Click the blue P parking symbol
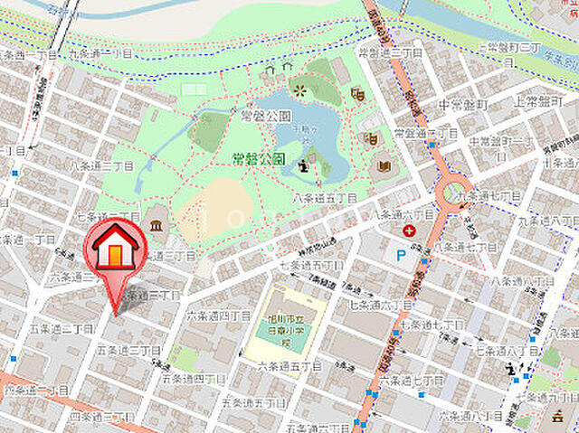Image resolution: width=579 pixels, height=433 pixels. pyautogui.click(x=402, y=255)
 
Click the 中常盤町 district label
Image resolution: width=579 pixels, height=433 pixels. pyautogui.click(x=462, y=105)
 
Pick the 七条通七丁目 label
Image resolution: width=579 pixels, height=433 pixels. pyautogui.click(x=431, y=324)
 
